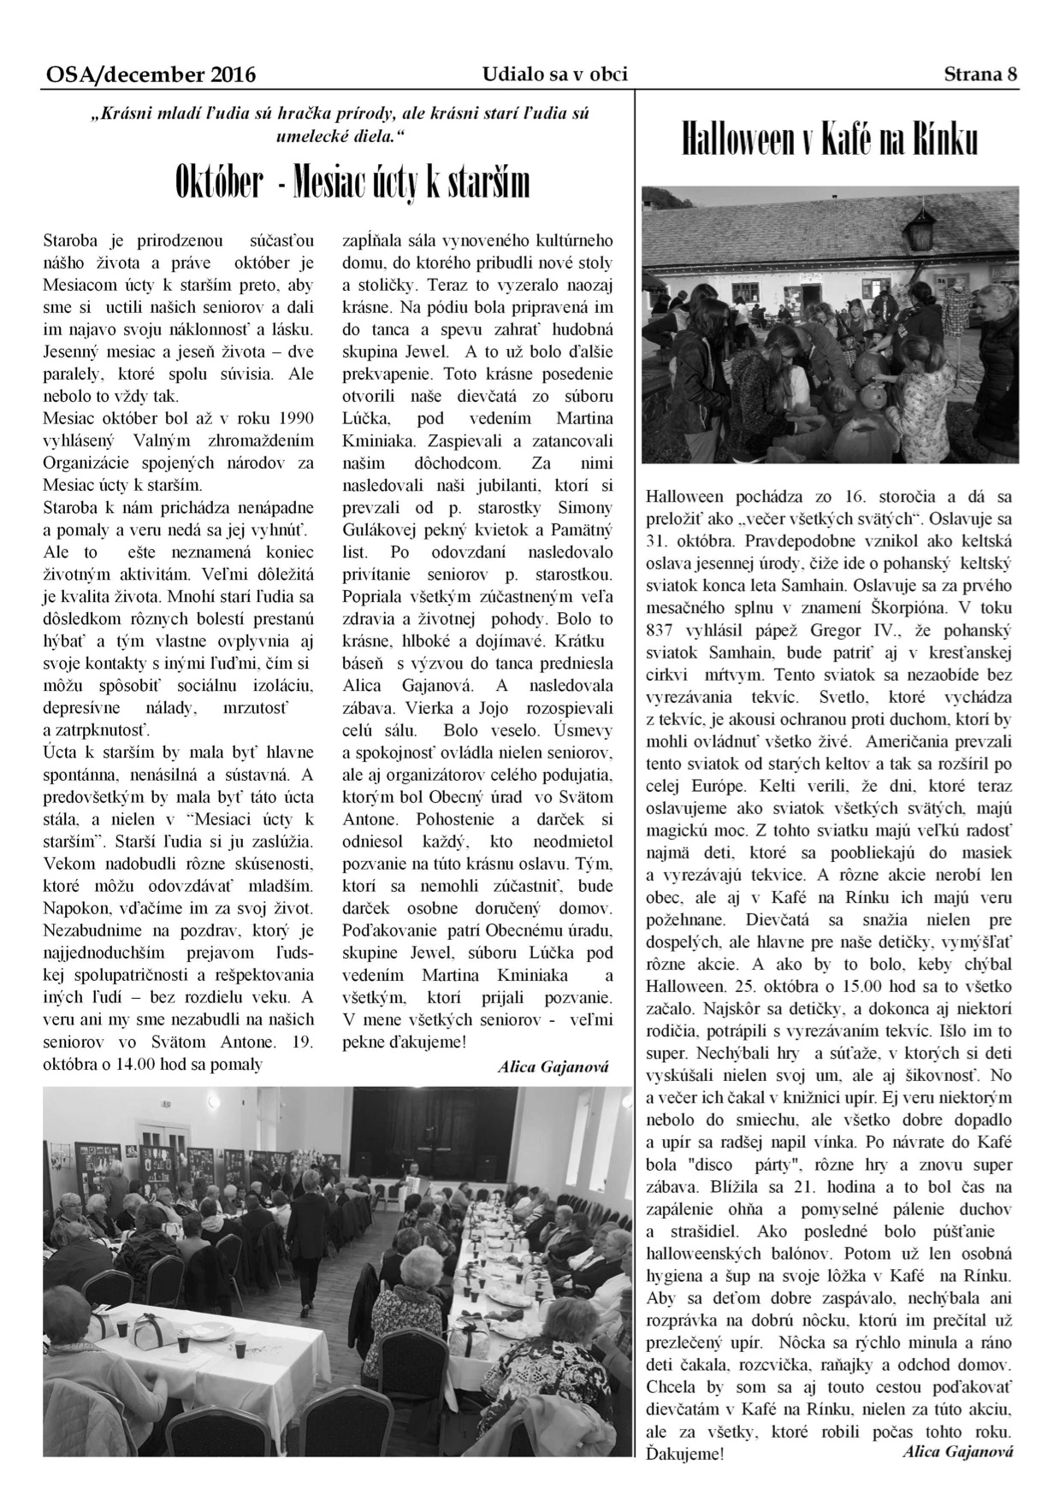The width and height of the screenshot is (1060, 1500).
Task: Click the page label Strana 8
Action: pos(980,74)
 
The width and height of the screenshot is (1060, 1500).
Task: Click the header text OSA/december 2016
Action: pos(151,75)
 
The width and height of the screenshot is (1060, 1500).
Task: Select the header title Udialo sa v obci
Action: pos(554,74)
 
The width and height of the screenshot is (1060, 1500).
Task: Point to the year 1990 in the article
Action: pos(297,418)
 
